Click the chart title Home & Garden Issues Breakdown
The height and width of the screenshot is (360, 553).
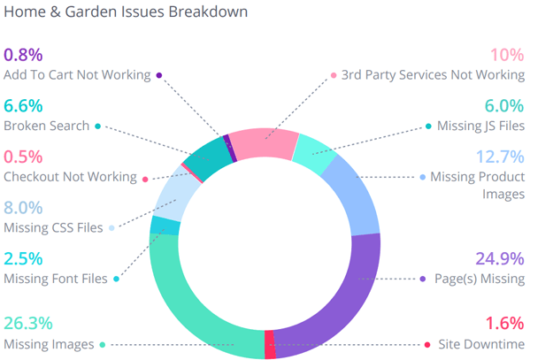click(x=126, y=12)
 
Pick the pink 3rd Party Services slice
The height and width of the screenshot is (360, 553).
click(x=261, y=144)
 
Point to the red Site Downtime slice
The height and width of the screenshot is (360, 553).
click(x=270, y=344)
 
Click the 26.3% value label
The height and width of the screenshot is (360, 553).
click(x=28, y=323)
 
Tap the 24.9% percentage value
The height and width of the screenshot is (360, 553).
click(x=500, y=258)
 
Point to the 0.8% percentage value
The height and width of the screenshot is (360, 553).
click(x=23, y=55)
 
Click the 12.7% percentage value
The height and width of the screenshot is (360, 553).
click(x=500, y=157)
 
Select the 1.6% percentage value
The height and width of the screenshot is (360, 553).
click(x=505, y=323)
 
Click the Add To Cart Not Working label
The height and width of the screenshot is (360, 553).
click(x=77, y=75)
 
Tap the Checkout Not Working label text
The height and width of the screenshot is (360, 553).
click(x=69, y=177)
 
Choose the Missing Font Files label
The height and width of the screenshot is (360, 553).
click(x=56, y=279)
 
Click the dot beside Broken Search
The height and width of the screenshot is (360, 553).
click(x=98, y=126)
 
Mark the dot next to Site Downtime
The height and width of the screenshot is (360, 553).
click(x=427, y=345)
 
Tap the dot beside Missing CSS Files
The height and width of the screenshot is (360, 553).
click(x=111, y=228)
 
